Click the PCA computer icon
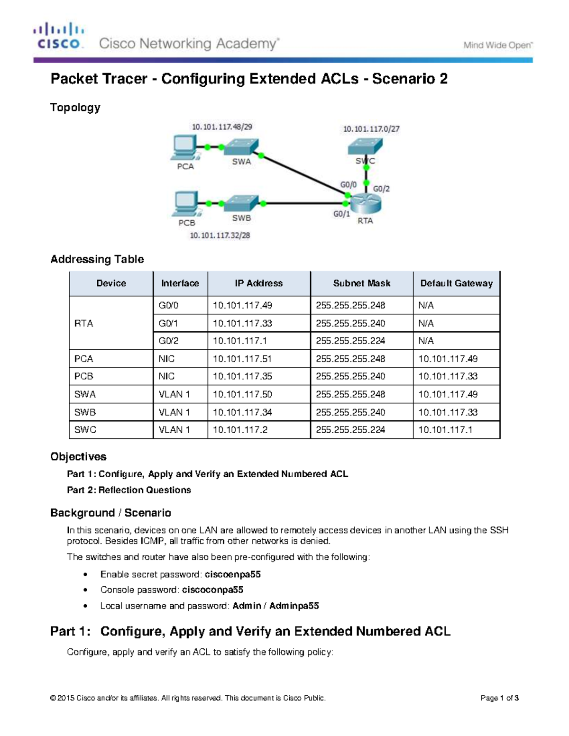point(185,147)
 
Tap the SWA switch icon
point(241,146)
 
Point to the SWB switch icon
point(241,203)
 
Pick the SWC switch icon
point(365,146)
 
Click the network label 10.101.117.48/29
point(222,127)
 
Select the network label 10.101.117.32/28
point(220,236)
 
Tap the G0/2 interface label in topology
point(381,189)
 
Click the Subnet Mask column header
point(361,283)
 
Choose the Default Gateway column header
point(456,283)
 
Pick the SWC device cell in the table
point(85,430)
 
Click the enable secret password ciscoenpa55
point(232,574)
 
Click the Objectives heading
point(78,456)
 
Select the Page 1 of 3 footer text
point(499,698)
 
